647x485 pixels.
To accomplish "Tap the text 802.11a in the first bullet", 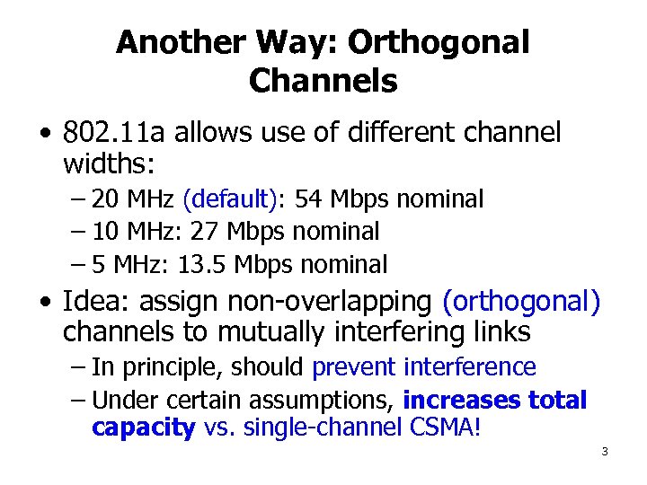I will click(113, 133).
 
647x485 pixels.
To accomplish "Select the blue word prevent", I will click(354, 366).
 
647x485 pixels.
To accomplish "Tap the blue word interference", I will click(470, 366).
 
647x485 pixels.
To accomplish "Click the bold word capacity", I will click(143, 428).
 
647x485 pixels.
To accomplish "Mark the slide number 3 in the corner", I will click(605, 451).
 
